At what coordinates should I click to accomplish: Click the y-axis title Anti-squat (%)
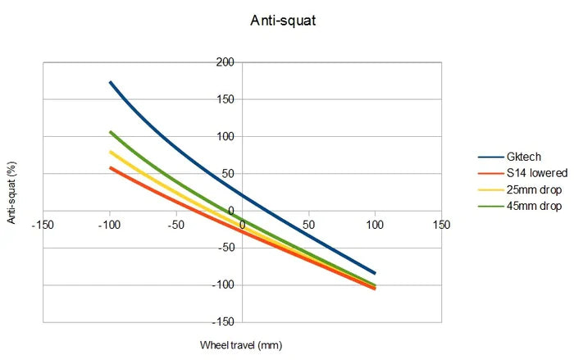[x=11, y=192]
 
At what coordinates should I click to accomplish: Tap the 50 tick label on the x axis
[x=309, y=225]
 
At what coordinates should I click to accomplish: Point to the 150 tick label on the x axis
[x=442, y=225]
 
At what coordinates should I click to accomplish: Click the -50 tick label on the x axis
[x=175, y=225]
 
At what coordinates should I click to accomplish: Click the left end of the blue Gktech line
[x=109, y=82]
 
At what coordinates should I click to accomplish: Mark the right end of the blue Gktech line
[x=376, y=273]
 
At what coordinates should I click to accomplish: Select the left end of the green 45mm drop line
[x=109, y=131]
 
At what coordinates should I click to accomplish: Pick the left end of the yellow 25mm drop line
[x=109, y=152]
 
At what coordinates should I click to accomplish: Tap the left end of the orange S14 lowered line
[x=109, y=167]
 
